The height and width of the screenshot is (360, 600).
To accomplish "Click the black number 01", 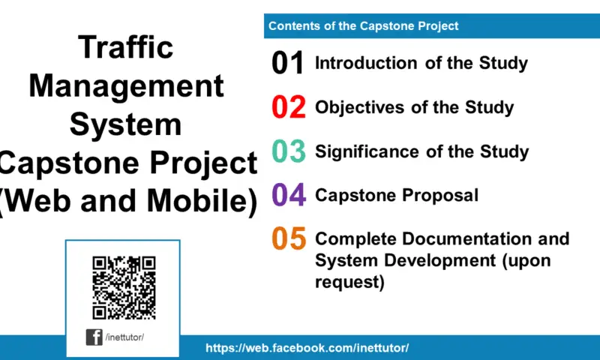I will [x=288, y=64].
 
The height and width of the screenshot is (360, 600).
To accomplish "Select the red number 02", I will [x=288, y=108].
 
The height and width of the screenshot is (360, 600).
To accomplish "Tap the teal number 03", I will [x=288, y=151].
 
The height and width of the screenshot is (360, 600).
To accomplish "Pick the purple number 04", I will [x=288, y=196].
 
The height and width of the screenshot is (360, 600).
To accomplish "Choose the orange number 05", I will [x=288, y=239].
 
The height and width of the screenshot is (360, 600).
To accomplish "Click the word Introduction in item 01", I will [x=367, y=63].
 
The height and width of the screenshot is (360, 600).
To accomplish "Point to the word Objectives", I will [x=360, y=107].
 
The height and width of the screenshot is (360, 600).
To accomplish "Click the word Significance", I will [x=367, y=151].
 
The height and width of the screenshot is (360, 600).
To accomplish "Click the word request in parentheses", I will [x=347, y=282].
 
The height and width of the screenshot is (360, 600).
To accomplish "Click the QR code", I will [x=124, y=287].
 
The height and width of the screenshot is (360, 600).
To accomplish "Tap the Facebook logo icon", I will [x=94, y=337].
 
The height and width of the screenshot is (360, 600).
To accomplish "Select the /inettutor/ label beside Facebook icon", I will [x=124, y=337].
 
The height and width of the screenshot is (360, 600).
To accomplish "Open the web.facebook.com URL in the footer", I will [x=307, y=348].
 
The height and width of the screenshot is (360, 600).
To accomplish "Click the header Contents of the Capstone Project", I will [x=364, y=26].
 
